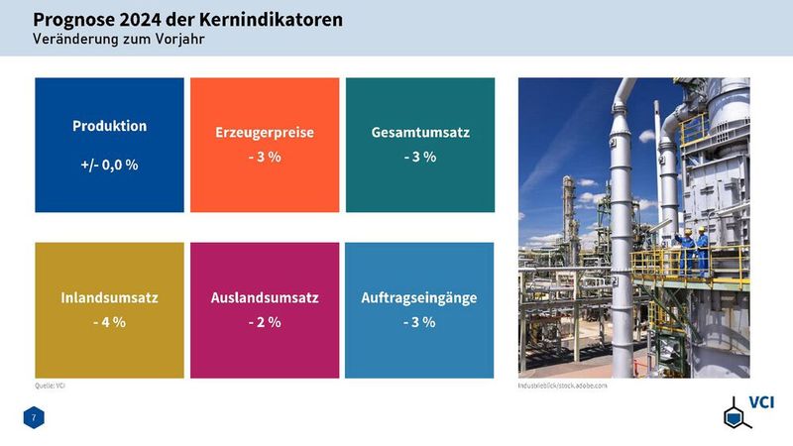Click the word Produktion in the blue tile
[x=109, y=127]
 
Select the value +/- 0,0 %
[x=109, y=165]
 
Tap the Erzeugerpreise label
[x=265, y=133]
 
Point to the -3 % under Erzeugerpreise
[x=265, y=158]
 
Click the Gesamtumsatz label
[x=420, y=133]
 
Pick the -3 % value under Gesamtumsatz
[x=420, y=158]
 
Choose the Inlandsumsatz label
[x=109, y=297]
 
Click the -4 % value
[x=109, y=322]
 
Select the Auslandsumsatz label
[x=265, y=297]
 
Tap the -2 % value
[x=265, y=322]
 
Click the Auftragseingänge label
[x=420, y=297]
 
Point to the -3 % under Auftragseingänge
[x=420, y=322]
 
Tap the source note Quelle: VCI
[x=50, y=385]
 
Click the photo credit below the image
[x=562, y=385]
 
